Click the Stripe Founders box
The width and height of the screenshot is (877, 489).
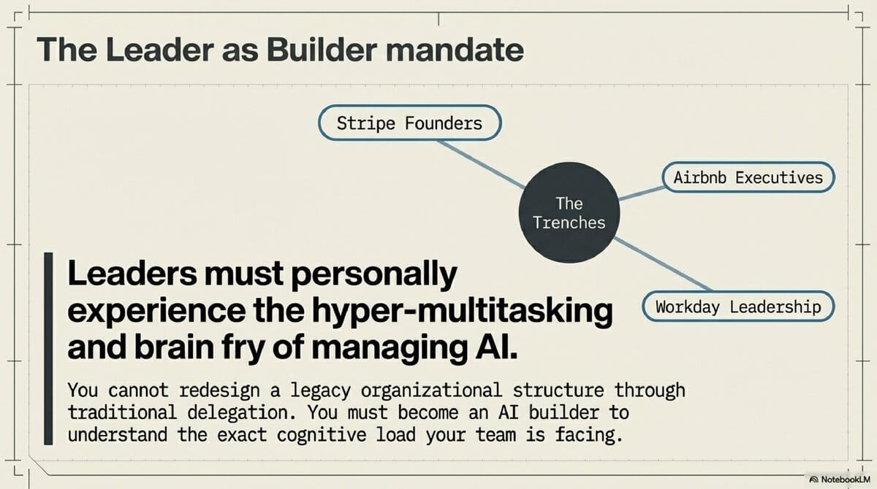(x=409, y=123)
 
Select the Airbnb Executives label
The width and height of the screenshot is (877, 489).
(x=748, y=177)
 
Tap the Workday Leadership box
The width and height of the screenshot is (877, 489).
(x=737, y=307)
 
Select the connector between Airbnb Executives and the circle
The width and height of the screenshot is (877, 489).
(x=640, y=191)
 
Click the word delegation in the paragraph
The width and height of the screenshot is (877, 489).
(x=234, y=412)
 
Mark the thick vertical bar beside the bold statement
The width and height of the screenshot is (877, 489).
(x=48, y=349)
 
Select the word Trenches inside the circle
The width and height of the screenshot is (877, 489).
(x=569, y=222)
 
